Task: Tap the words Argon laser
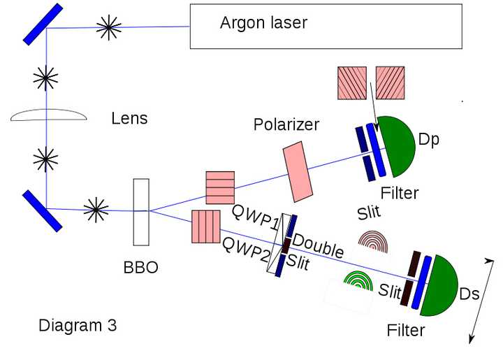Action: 263,23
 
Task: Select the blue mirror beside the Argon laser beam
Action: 43,24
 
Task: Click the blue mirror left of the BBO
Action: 43,211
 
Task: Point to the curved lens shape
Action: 48,115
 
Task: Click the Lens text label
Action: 129,118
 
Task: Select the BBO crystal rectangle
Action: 141,212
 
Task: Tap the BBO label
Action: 141,267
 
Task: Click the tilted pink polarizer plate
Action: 298,172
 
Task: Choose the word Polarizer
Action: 286,124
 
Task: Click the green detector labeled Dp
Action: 397,147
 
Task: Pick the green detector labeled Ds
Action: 439,286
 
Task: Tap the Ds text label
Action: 469,294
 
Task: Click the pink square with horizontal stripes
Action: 220,188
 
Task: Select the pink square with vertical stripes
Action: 206,226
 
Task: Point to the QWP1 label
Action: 255,217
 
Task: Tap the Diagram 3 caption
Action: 78,325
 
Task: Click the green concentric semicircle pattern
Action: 358,281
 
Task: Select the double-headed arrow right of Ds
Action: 481,301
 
